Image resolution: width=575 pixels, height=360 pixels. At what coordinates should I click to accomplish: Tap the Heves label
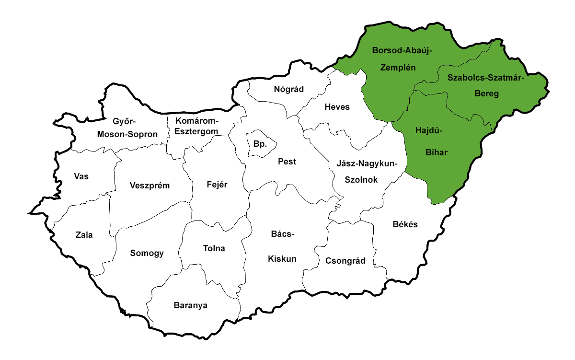(x=337, y=107)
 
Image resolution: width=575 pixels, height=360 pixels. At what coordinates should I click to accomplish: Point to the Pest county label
(x=287, y=162)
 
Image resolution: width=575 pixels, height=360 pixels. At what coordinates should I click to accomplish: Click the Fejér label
(x=217, y=185)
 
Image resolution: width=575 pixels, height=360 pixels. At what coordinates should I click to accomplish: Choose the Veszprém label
(x=149, y=186)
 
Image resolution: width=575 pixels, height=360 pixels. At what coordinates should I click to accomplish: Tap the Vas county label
(x=81, y=176)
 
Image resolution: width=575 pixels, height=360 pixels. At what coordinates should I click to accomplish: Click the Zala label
(x=84, y=235)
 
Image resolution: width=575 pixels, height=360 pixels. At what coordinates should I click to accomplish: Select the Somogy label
(x=147, y=253)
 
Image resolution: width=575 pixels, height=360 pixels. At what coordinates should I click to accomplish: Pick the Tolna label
(x=214, y=248)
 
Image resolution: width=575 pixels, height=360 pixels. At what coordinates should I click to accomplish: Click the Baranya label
(x=191, y=305)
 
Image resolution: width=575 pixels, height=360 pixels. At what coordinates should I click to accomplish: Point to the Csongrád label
(x=345, y=261)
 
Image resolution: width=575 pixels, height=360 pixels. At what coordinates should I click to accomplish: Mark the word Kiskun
(x=282, y=259)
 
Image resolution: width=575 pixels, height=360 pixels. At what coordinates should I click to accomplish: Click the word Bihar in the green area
(x=437, y=153)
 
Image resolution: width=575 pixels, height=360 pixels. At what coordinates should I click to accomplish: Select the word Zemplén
(x=397, y=68)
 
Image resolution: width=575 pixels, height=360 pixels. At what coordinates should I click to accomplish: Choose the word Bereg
(x=486, y=94)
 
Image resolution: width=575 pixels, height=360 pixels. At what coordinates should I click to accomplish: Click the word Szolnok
(x=362, y=180)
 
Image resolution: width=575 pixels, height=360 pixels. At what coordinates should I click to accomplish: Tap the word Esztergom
(x=196, y=131)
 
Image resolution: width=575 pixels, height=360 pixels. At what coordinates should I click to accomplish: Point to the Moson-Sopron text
(x=127, y=134)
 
